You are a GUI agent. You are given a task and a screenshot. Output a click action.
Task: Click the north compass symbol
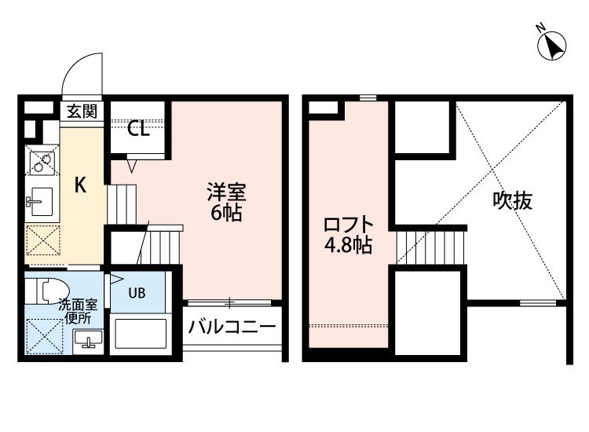(552, 45)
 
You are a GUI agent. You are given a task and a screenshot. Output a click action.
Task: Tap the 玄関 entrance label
(82, 112)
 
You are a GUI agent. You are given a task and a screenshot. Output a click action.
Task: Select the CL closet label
(138, 129)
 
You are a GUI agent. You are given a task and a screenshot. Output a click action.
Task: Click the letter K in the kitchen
(80, 185)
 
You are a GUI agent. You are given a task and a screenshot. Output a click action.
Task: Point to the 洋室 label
(226, 192)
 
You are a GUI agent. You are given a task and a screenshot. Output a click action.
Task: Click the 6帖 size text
(225, 213)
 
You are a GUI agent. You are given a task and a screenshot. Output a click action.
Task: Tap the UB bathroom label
(137, 293)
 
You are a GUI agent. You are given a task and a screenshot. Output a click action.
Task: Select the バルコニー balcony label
(232, 328)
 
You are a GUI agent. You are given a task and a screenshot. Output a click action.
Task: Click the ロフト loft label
(349, 225)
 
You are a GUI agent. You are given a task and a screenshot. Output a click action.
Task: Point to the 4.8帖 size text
(348, 246)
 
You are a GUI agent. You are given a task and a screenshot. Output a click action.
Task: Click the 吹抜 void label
(512, 201)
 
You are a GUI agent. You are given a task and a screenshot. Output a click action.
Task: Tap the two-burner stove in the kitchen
(42, 160)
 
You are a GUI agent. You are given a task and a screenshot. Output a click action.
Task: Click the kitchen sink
(40, 201)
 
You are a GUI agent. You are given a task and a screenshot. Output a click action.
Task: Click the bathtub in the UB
(141, 334)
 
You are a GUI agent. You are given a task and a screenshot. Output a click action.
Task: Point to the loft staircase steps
(431, 247)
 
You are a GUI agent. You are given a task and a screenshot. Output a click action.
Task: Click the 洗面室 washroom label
(78, 305)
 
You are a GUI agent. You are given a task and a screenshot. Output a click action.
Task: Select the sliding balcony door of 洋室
(229, 302)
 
